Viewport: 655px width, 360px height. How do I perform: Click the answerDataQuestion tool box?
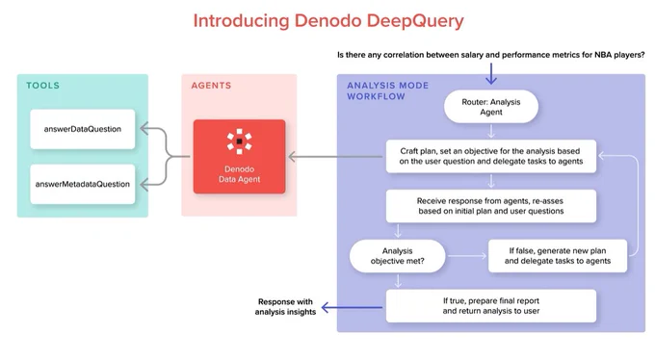point(83,129)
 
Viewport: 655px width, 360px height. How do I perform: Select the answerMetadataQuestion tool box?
point(83,184)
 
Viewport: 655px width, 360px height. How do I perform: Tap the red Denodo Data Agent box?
point(239,157)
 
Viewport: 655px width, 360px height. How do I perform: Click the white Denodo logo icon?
point(239,141)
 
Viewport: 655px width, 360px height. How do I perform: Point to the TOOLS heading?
point(43,86)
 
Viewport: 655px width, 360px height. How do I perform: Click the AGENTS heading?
point(211,86)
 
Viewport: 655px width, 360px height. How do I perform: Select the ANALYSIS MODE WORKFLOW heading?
point(387,91)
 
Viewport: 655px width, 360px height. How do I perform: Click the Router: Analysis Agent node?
point(491,107)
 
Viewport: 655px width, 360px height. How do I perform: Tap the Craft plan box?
point(491,156)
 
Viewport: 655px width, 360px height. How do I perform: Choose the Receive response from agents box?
point(491,206)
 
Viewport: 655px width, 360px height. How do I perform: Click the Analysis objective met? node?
point(397,256)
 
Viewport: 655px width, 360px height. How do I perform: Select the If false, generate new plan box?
point(558,256)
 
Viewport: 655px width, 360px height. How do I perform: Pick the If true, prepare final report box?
point(491,306)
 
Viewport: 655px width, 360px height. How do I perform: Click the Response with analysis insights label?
point(285,307)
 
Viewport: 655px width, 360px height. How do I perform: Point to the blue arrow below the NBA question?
point(491,73)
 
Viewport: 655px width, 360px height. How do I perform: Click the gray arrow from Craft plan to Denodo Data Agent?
point(335,157)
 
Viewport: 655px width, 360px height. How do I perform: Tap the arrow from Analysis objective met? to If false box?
point(467,256)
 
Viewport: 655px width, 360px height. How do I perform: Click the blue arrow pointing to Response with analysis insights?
point(352,308)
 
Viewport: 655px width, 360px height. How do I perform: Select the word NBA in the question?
point(603,55)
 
